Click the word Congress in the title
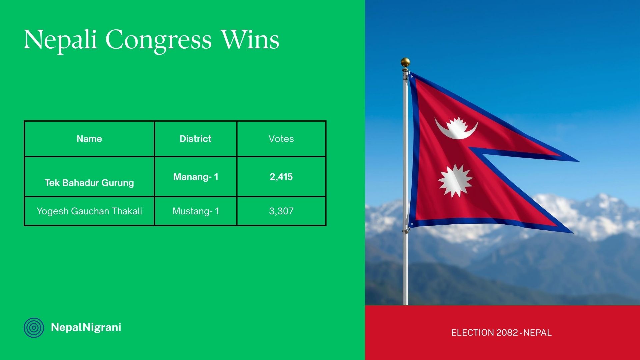coord(158,40)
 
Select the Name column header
coord(89,139)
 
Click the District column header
coord(196,139)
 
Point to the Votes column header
coord(281,139)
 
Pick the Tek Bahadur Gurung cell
coord(89,183)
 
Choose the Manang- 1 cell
coord(196,177)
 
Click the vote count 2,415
coord(281,177)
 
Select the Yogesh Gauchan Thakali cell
coord(89,211)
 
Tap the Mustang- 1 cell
coord(196,211)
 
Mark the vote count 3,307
coord(281,211)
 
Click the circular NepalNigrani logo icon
coord(34,328)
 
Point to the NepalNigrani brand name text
coord(86,327)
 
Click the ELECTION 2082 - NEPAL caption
coord(501,333)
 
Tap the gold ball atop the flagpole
coord(405,62)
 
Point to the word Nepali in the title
coord(60,40)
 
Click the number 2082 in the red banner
coord(507,333)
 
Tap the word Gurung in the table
coord(118,183)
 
